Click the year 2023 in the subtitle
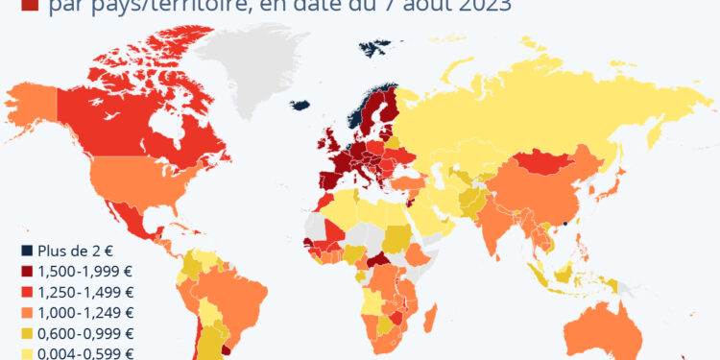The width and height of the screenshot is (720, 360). coord(479,5)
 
